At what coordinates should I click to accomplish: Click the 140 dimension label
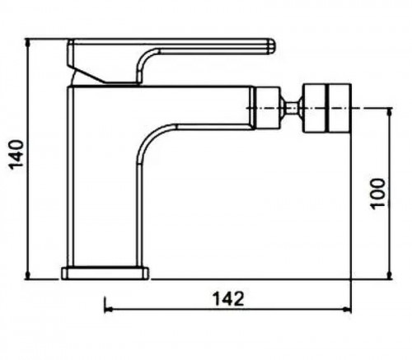coord(16,155)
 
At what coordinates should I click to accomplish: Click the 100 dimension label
coord(377,194)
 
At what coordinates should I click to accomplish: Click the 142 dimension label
coord(228,299)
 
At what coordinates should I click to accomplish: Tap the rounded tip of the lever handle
coord(271,47)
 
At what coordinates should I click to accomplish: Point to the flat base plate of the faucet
coord(105,274)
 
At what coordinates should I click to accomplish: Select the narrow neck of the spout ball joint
coord(291,108)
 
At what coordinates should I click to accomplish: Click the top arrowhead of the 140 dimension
coord(27,43)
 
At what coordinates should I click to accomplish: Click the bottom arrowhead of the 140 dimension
coord(27,275)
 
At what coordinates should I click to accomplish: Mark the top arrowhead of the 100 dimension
coord(389,112)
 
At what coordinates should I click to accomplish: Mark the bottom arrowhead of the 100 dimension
coord(389,275)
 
